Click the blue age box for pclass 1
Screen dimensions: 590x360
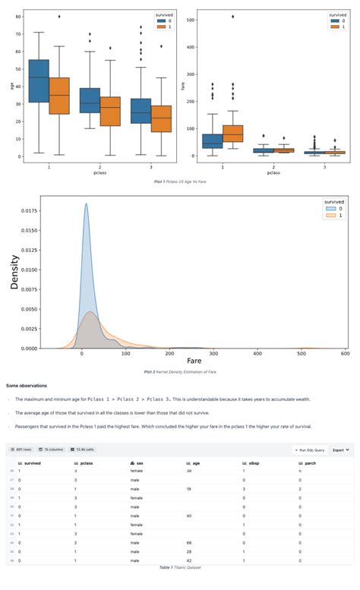point(38,80)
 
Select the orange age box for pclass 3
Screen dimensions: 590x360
point(161,118)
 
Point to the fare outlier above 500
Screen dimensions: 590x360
point(232,16)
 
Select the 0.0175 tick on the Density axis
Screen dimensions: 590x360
point(29,209)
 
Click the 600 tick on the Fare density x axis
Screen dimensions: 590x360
point(346,355)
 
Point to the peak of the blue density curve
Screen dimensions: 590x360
point(86,204)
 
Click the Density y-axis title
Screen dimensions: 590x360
point(13,273)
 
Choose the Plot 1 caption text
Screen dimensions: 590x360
point(180,183)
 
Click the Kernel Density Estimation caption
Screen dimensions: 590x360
point(180,373)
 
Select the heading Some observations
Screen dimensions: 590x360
point(27,386)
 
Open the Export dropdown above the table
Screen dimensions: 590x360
point(341,450)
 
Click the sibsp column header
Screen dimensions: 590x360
point(248,462)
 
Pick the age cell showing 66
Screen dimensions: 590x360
point(189,542)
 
